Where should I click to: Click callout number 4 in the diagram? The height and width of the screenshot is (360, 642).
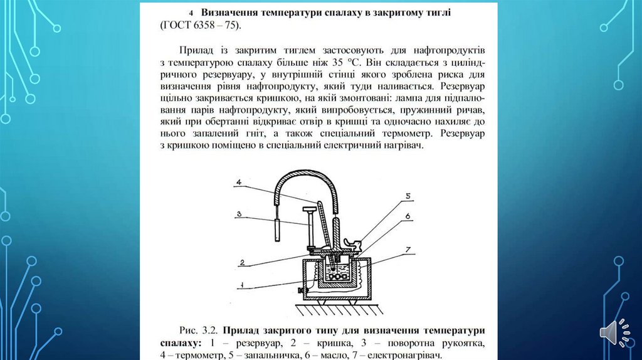[239, 183]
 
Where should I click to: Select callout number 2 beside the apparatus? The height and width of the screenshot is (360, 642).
[240, 260]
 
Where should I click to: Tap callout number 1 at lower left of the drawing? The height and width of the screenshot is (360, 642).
[240, 285]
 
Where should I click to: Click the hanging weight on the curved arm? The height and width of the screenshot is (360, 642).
[276, 231]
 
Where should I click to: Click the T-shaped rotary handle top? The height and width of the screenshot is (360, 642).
[309, 208]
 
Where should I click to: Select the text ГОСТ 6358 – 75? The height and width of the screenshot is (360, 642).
[200, 26]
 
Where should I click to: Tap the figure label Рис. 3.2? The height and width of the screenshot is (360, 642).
[199, 331]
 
